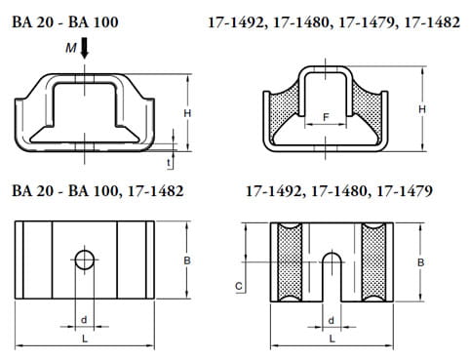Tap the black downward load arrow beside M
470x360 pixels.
pos(85,47)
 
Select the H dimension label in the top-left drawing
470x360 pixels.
pos(186,114)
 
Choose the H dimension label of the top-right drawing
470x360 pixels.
pos(421,109)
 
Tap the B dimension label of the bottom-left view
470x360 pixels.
pos(187,260)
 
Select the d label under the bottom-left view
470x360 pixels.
pos(86,320)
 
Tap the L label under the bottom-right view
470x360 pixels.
pos(332,338)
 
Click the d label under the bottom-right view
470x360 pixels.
pos(332,320)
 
